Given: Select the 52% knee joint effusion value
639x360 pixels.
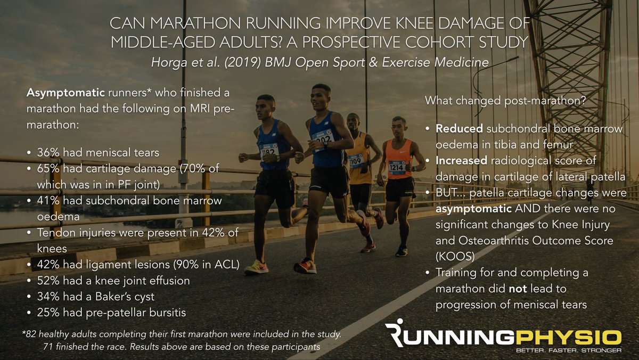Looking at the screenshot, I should [48, 280].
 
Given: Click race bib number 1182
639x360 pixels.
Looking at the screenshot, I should [269, 151].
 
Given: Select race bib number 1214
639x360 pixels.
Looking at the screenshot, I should [396, 167].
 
